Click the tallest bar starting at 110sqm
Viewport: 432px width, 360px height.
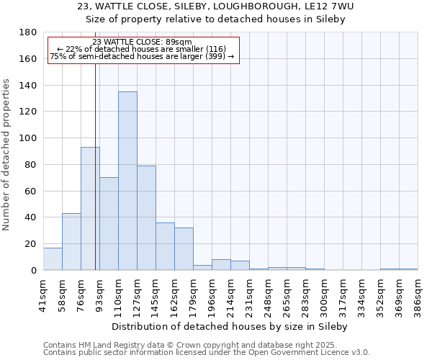(x=127, y=181)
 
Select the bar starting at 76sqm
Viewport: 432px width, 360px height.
(x=90, y=208)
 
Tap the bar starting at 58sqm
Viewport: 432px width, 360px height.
(x=71, y=241)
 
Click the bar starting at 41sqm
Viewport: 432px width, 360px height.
(x=53, y=258)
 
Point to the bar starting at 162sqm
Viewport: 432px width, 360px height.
(x=184, y=248)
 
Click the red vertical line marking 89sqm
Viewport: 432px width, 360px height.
(x=95, y=180)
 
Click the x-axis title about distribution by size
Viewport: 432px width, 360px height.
(x=230, y=326)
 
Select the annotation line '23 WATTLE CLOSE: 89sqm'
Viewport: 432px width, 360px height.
(x=143, y=42)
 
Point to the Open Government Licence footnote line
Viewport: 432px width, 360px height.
(x=207, y=353)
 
